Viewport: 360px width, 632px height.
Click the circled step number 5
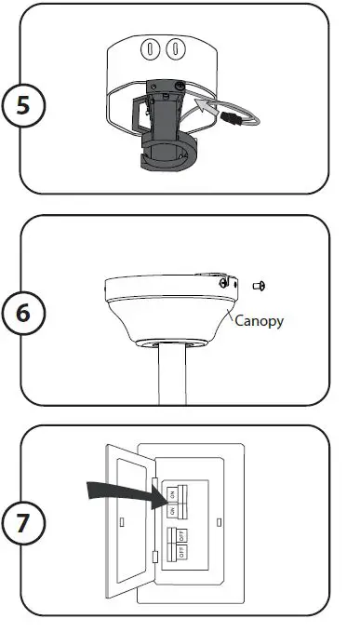(26, 105)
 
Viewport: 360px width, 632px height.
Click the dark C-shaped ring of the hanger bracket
(164, 156)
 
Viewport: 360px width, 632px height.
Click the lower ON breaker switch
(172, 510)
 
